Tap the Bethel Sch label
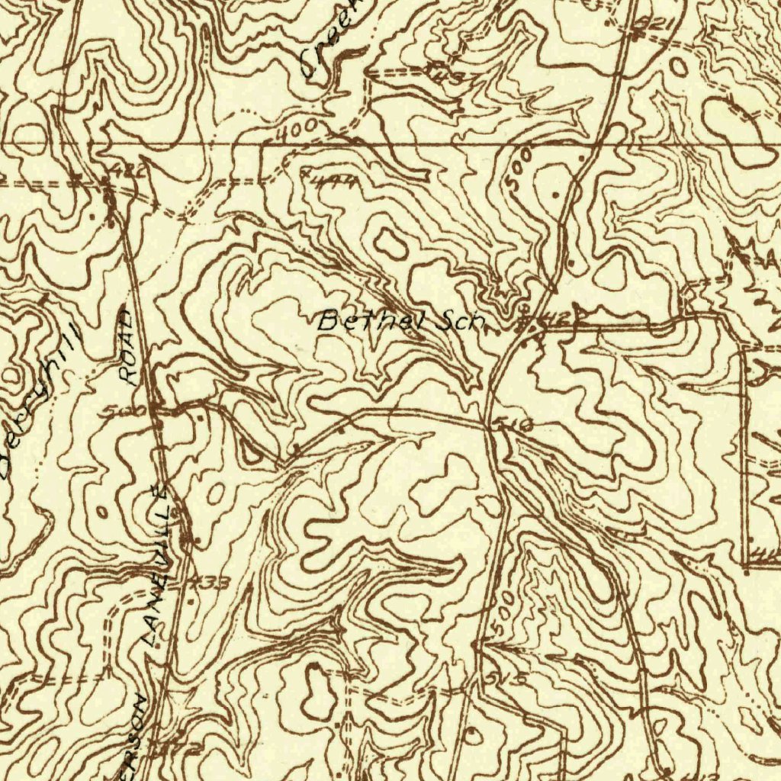click(401, 320)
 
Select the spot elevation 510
click(515, 426)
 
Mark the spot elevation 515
click(506, 677)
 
